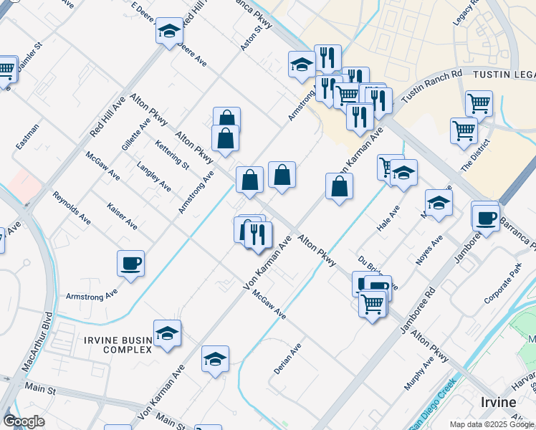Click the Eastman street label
[x=28, y=136]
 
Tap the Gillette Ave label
[x=135, y=133]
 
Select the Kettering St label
[x=172, y=154]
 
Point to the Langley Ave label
[x=154, y=176]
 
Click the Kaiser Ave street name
[x=122, y=215]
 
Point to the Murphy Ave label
[x=419, y=373]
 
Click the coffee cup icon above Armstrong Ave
[x=130, y=264]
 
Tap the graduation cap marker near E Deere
[x=169, y=31]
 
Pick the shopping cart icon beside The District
[x=464, y=130]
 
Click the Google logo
[x=24, y=421]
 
